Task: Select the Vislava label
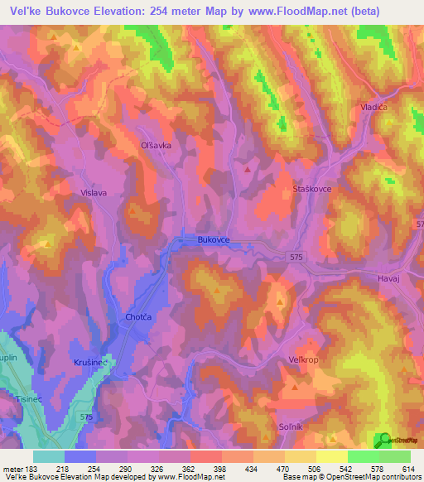tap(94, 192)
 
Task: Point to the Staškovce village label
tap(312, 190)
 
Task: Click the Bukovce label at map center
tap(213, 239)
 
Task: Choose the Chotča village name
tap(137, 316)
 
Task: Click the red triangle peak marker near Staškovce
tap(248, 170)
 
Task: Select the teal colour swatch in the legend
tap(49, 456)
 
